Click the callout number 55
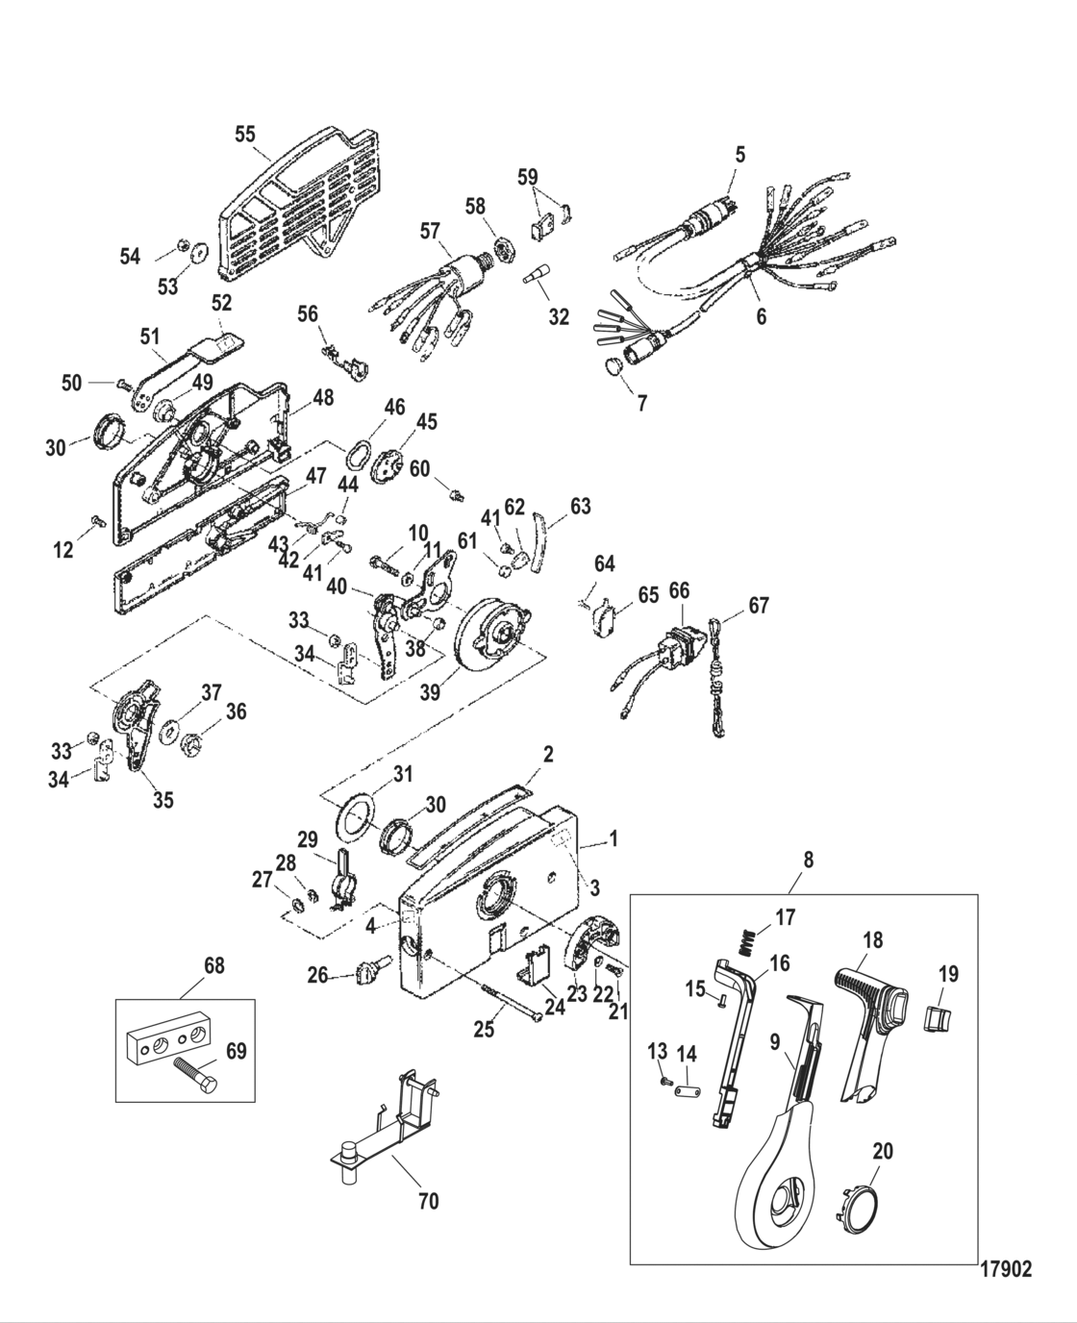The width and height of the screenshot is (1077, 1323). pos(246,135)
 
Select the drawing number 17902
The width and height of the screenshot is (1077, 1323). pos(1005,1269)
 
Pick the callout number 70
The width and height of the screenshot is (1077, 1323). pos(428,1201)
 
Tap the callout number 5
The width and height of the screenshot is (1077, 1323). pos(739,154)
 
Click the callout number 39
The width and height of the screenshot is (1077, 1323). pos(431,691)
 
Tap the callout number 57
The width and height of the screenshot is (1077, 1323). pos(430,231)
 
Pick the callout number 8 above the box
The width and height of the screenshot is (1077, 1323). pos(808,860)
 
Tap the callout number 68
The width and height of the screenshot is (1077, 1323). pos(214,965)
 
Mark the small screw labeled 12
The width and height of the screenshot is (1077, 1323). pos(96,520)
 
